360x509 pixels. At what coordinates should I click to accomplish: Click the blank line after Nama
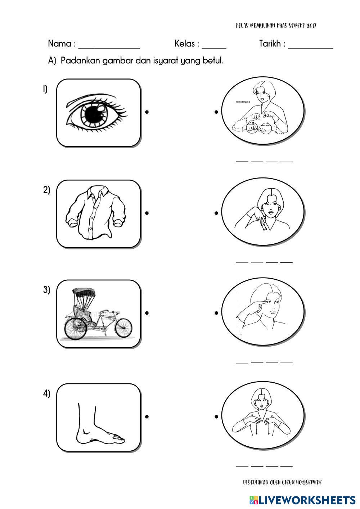pyautogui.click(x=109, y=47)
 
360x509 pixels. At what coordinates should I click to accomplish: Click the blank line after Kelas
pyautogui.click(x=214, y=47)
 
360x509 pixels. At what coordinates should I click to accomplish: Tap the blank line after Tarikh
pyautogui.click(x=310, y=47)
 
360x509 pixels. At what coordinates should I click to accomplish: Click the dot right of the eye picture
pyautogui.click(x=147, y=112)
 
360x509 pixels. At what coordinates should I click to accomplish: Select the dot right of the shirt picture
pyautogui.click(x=147, y=213)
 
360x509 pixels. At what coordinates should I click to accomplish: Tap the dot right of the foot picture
pyautogui.click(x=147, y=417)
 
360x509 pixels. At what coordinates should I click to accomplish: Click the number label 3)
pyautogui.click(x=47, y=290)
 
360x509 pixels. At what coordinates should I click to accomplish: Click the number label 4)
pyautogui.click(x=47, y=393)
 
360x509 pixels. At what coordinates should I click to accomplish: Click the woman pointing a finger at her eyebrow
pyautogui.click(x=263, y=312)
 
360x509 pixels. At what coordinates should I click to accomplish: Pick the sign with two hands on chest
pyautogui.click(x=263, y=417)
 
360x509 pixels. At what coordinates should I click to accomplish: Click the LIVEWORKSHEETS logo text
pyautogui.click(x=306, y=500)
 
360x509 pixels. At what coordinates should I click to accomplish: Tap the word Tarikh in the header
pyautogui.click(x=270, y=44)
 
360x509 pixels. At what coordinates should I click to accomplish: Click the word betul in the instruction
pyautogui.click(x=214, y=60)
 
